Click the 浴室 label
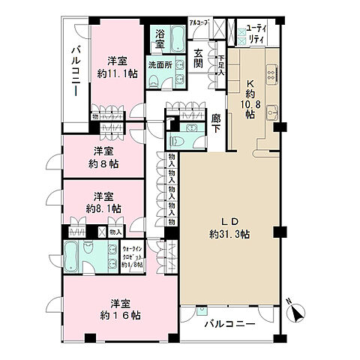[x=161, y=37]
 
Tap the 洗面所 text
[x=160, y=64]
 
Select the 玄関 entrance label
[x=198, y=58]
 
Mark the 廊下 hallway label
[x=216, y=123]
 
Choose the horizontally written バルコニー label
[x=230, y=324]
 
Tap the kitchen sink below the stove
[x=273, y=112]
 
